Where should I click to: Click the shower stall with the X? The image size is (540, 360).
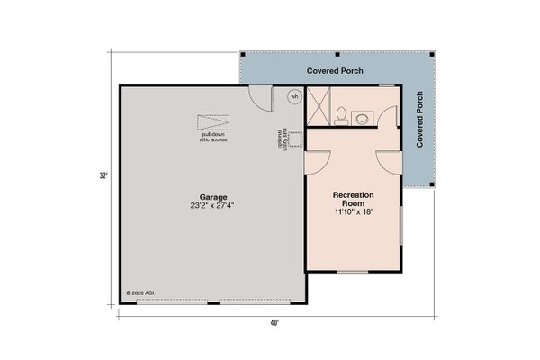[318, 106]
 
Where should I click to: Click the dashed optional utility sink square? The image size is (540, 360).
[292, 139]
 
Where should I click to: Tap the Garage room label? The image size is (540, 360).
[212, 196]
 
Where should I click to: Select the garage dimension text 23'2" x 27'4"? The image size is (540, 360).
[212, 205]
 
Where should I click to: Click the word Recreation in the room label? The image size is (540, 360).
[353, 194]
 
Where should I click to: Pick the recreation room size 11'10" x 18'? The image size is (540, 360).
[353, 213]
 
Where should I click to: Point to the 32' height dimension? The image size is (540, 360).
[105, 175]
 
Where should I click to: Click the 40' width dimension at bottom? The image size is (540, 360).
[273, 323]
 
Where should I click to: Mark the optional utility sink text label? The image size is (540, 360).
[280, 139]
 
